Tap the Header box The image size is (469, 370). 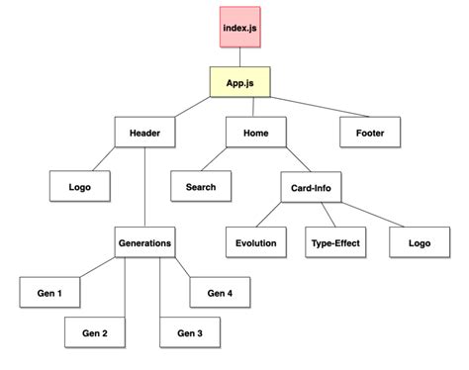point(144,133)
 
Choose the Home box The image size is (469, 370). point(256,133)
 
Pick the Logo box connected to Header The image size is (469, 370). point(80,185)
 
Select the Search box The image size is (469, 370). point(201,185)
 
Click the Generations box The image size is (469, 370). point(144,242)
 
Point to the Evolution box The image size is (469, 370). point(256,242)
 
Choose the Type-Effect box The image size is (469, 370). point(333,242)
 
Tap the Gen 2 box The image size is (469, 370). point(94,333)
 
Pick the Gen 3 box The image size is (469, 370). point(189,333)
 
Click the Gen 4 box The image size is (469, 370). point(221,293)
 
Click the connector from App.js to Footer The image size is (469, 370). point(317,107)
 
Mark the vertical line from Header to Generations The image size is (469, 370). point(144,188)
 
